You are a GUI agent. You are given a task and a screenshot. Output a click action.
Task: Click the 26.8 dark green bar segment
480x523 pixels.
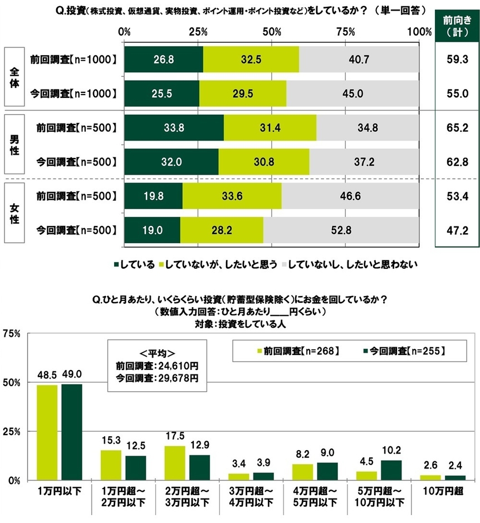pyautogui.click(x=164, y=59)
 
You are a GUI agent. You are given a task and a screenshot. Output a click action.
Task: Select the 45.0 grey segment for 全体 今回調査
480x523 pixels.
pyautogui.click(x=352, y=93)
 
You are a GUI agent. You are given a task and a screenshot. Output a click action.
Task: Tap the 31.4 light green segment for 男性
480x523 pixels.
pyautogui.click(x=270, y=127)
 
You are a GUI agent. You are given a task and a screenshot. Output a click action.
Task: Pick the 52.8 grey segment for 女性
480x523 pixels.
pyautogui.click(x=341, y=230)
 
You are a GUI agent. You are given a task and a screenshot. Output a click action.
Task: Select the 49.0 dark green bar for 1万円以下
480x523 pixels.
pyautogui.click(x=72, y=432)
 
